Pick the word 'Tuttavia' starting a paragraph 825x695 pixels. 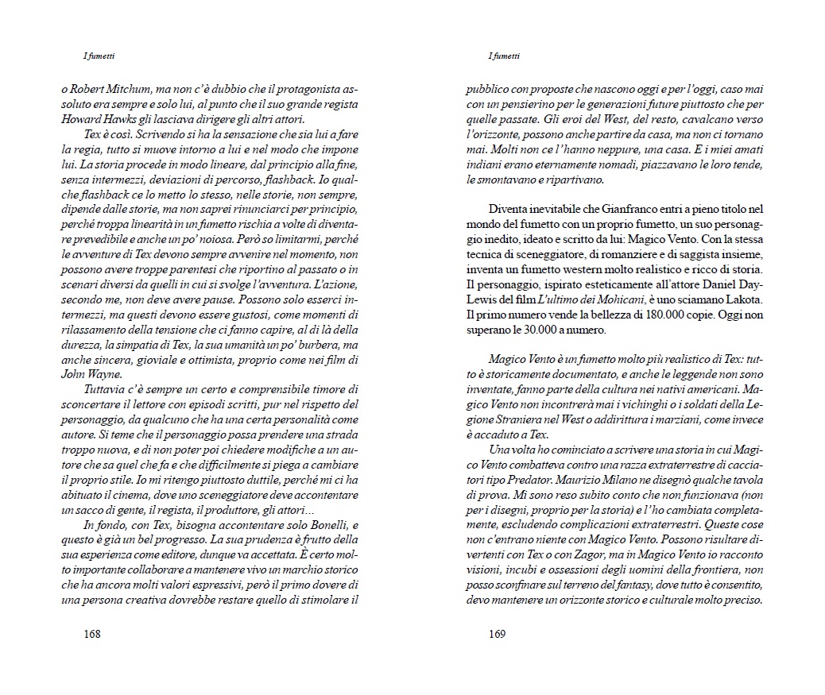point(108,389)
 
